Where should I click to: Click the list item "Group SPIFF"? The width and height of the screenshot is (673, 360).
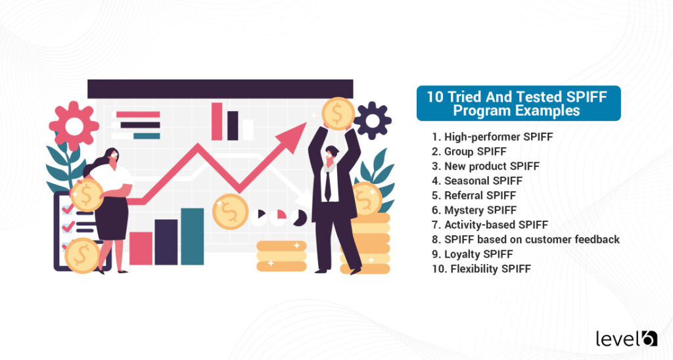(x=469, y=152)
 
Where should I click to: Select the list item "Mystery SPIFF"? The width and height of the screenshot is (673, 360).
(x=475, y=210)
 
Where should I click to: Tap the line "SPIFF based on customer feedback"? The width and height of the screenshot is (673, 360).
(x=526, y=239)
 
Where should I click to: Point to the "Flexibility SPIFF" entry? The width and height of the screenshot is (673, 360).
(x=482, y=269)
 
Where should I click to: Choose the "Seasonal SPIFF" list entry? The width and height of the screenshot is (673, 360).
(x=477, y=181)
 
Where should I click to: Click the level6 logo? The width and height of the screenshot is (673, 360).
(x=626, y=338)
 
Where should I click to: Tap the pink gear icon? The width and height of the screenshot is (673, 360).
(x=74, y=125)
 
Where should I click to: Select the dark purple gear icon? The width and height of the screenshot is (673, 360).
(x=372, y=121)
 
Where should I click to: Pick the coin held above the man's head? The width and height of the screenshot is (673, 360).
(x=338, y=113)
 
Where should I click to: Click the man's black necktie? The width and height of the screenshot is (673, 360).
(x=328, y=185)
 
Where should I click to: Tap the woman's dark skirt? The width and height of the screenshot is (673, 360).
(x=112, y=218)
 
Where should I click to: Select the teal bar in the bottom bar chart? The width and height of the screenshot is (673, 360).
(x=193, y=236)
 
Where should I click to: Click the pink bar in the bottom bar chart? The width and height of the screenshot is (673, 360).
(x=141, y=248)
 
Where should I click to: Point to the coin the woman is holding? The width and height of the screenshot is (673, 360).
(x=86, y=195)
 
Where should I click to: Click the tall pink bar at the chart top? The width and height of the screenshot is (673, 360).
(x=217, y=122)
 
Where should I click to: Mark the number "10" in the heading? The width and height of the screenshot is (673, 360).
(x=434, y=97)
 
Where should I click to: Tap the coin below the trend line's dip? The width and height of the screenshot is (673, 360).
(x=230, y=212)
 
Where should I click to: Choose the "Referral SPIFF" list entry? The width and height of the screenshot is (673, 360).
(x=474, y=196)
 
